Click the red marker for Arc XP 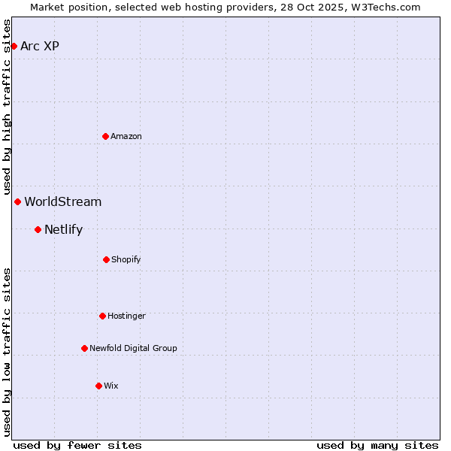tap(14, 46)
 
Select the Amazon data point tap(105, 136)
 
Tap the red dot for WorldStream tap(17, 201)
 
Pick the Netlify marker tap(38, 229)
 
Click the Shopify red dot tap(106, 259)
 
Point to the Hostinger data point tap(102, 316)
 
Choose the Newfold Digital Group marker tap(84, 348)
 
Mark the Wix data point tap(98, 386)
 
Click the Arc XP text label tap(40, 46)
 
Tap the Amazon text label tap(126, 136)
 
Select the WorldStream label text tap(63, 201)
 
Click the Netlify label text tap(64, 229)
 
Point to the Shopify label tap(126, 259)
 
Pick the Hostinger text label tap(126, 316)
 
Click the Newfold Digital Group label tap(133, 348)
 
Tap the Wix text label tap(111, 386)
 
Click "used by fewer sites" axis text tap(77, 445)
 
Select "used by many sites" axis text tap(377, 445)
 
